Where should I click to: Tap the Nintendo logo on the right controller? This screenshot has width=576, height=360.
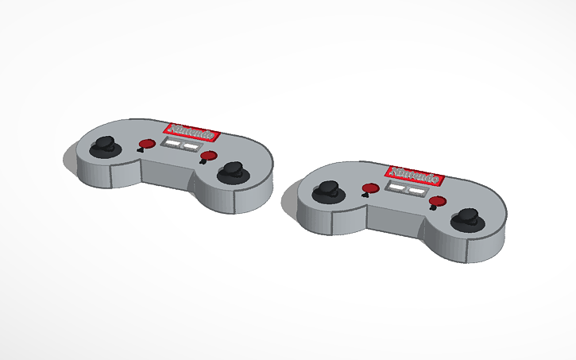point(414,173)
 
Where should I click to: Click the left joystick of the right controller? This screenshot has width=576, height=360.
point(327,191)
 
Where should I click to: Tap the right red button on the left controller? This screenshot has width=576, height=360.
point(210,155)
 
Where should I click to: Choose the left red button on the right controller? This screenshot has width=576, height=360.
point(369,188)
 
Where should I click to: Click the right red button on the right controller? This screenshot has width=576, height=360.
point(436,202)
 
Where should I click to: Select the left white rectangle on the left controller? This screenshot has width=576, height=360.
point(171,144)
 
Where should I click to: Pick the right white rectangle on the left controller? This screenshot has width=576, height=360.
point(191,147)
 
